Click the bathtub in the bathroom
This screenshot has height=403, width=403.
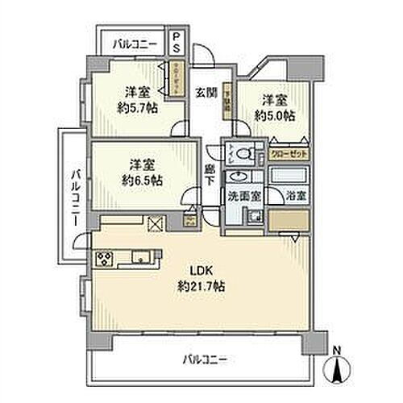click(x=288, y=177)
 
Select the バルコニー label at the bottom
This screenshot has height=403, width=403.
click(x=203, y=357)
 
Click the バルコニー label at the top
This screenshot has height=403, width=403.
click(x=134, y=43)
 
